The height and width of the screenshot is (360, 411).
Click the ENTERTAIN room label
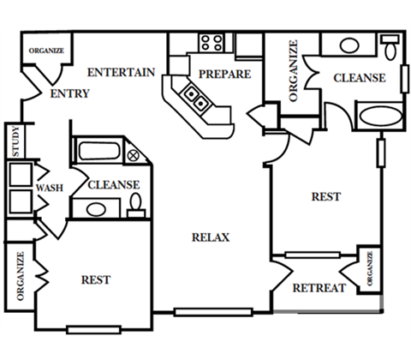coord(121,72)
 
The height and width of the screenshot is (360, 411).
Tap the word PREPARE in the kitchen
coord(225,75)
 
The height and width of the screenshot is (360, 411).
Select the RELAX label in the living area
coord(211,237)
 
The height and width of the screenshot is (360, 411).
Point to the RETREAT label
coord(319,288)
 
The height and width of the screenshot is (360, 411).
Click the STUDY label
coord(16,141)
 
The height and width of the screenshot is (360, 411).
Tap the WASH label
coord(50,188)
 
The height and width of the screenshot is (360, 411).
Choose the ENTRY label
coord(70,93)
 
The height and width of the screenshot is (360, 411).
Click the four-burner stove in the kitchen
coord(211,43)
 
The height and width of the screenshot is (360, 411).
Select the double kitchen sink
coord(195,98)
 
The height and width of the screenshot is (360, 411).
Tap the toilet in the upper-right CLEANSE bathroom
coord(390,47)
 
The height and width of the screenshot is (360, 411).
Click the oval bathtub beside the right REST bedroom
coord(380,116)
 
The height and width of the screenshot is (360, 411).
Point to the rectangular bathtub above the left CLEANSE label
coord(99,151)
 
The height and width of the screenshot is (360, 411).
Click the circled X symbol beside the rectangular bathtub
coord(133,156)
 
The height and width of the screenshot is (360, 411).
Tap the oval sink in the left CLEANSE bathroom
coord(96,209)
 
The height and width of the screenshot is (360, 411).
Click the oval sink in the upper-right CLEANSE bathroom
coord(349,45)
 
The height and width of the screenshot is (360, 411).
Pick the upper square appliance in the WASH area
coord(21,174)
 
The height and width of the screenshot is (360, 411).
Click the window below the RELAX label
coord(213,312)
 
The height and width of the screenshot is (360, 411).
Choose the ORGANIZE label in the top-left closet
coord(46,51)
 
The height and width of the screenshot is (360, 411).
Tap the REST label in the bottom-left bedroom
coord(96,280)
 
